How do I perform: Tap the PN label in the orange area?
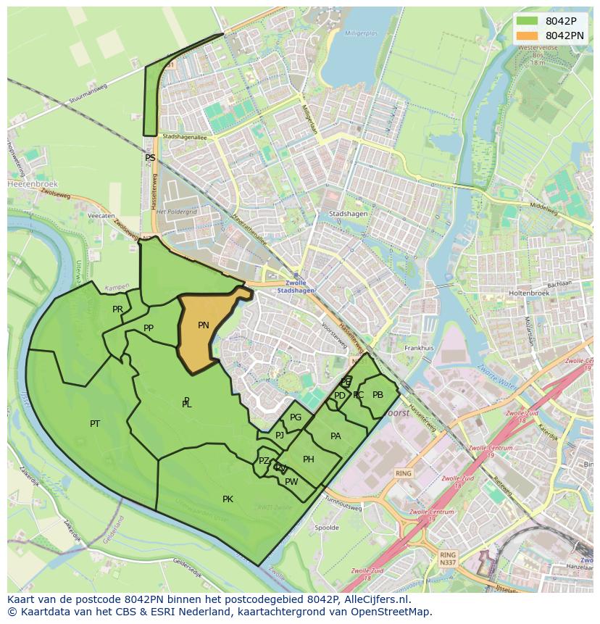[x=204, y=325]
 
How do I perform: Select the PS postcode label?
[x=150, y=157]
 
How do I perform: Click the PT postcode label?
[x=95, y=423]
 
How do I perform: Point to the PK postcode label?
[x=228, y=499]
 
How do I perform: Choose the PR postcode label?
[x=117, y=309]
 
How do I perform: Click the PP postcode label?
[x=149, y=328]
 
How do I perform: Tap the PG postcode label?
[x=296, y=417]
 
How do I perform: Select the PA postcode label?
[x=336, y=436]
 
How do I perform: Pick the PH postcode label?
[x=309, y=459]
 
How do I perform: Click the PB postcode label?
[x=378, y=395]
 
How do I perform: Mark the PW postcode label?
[x=291, y=482]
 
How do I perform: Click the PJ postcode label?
[x=280, y=436]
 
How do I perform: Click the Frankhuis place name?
[x=419, y=348]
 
